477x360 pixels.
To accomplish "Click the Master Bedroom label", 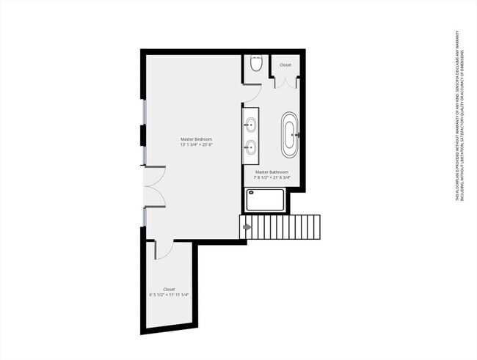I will [x=196, y=139].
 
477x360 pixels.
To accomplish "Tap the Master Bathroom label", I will [x=272, y=172].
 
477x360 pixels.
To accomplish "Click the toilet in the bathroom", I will [x=255, y=65].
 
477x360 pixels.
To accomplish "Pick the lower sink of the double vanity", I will [x=251, y=145].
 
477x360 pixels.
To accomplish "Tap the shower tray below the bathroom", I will [x=264, y=199].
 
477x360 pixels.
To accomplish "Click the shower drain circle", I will [x=252, y=193].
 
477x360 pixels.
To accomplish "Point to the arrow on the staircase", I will [x=247, y=227].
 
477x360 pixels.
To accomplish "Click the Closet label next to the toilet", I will [x=285, y=65].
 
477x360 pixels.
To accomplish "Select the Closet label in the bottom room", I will [x=169, y=289].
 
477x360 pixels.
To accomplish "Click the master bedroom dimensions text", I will [x=196, y=144].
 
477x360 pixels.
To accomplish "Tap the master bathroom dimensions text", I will [x=272, y=177].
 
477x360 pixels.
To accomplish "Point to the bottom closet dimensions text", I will [x=169, y=295].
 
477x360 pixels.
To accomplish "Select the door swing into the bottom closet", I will [x=163, y=249].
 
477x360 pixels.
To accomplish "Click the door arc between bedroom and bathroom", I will [x=252, y=93].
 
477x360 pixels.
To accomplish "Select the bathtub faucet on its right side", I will [x=296, y=135].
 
